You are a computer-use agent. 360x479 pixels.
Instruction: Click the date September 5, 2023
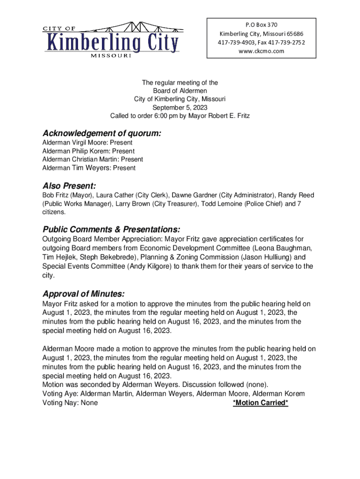[x=180, y=107]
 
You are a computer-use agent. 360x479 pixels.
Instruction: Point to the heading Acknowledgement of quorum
[x=102, y=134]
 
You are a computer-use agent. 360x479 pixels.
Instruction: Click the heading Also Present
[x=69, y=186]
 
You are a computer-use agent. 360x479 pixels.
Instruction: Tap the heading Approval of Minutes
[x=84, y=294]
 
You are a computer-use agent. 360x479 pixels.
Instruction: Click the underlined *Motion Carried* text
[x=260, y=402]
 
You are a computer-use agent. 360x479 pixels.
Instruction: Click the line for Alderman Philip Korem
[x=88, y=151]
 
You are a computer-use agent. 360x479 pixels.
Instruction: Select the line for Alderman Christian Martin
[x=93, y=160]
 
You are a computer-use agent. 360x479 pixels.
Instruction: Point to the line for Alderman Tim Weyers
[x=89, y=168]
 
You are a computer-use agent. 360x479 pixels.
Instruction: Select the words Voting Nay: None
[x=70, y=402]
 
